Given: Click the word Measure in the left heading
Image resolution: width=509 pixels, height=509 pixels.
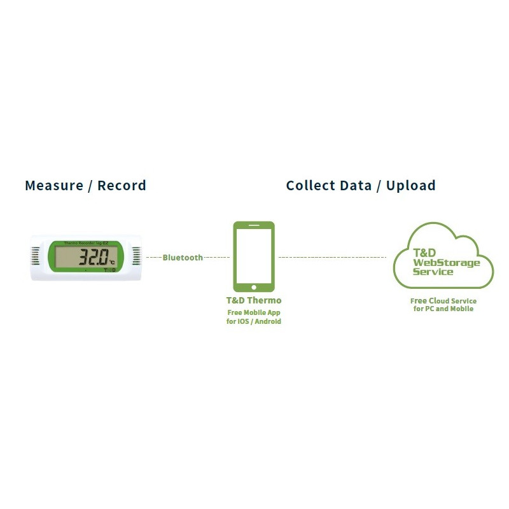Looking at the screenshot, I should coord(54,186).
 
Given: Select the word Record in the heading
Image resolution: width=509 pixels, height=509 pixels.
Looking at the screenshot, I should coord(122,186).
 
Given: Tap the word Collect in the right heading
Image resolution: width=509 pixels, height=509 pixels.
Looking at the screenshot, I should coord(310,186).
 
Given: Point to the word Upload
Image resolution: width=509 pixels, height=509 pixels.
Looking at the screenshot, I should coord(411,186).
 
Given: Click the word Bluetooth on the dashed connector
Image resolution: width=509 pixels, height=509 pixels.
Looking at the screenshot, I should coord(183,258).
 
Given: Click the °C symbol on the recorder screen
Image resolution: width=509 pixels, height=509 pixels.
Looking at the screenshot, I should coord(112,261).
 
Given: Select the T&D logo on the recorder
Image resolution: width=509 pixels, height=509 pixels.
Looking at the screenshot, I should coord(110,270).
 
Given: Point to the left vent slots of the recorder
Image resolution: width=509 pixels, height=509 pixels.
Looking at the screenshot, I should coord(35,257).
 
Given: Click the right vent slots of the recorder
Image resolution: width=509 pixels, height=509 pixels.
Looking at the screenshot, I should coord(136,257).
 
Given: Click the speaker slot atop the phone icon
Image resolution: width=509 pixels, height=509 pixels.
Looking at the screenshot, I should coord(254,225).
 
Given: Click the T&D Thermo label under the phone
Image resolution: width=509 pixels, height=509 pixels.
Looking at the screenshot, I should coord(254,300).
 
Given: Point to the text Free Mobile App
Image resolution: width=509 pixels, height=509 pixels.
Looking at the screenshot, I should coord(254,312).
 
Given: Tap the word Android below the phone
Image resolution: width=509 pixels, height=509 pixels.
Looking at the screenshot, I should coord(267,321).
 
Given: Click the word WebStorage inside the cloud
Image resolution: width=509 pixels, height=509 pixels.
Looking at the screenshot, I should coord(447,263).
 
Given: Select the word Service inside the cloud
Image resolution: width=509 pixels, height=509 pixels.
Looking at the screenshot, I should coord(433,272).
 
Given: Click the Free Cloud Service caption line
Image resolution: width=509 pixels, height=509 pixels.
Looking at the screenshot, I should coord(443,301).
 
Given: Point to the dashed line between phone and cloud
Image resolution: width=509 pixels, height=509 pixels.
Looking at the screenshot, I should coord(332,257).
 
